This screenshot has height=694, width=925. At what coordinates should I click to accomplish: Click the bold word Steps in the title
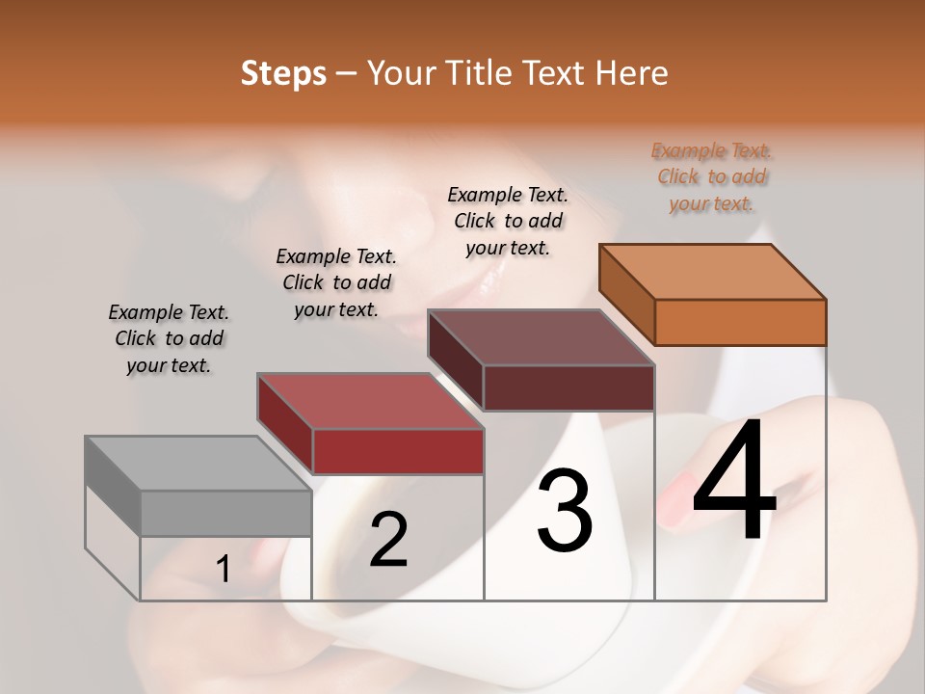283,73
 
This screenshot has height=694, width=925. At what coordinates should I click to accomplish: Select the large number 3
565,511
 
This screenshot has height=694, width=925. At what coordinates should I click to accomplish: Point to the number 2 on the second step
388,540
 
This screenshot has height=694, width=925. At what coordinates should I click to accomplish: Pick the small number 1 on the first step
224,570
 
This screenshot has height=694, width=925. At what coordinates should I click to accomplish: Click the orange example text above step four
711,176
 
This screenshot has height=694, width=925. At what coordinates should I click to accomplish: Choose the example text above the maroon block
508,221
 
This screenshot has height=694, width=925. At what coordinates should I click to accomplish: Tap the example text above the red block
336,282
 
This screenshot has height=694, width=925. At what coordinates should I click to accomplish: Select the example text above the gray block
169,338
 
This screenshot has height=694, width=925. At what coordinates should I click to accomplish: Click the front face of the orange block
740,322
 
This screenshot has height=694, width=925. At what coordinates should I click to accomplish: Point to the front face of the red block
398,451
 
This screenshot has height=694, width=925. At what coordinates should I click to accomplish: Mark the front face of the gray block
226,513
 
